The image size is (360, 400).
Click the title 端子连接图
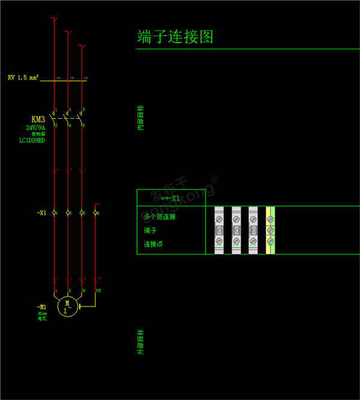click(x=175, y=37)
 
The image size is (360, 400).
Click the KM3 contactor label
click(x=39, y=119)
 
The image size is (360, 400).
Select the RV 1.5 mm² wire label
click(x=23, y=77)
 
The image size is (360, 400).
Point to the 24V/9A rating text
click(x=35, y=128)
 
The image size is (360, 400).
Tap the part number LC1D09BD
click(x=32, y=141)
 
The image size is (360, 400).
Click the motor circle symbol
click(x=67, y=306)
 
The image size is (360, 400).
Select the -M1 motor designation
click(x=41, y=307)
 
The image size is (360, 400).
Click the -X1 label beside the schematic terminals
click(x=41, y=213)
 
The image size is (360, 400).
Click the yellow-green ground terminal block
click(x=271, y=230)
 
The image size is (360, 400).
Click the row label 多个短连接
click(x=159, y=216)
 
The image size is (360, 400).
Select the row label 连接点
click(x=153, y=244)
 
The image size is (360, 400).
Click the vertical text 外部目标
click(x=140, y=341)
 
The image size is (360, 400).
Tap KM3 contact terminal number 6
click(x=84, y=125)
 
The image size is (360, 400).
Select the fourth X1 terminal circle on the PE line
click(x=95, y=213)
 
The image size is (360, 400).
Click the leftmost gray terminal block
click(x=219, y=230)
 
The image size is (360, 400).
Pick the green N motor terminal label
click(x=84, y=291)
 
